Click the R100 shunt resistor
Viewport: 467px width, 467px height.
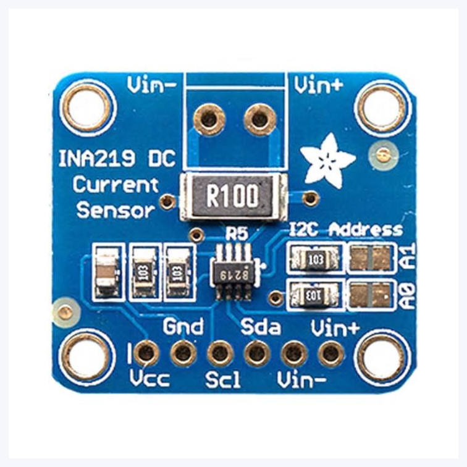233,197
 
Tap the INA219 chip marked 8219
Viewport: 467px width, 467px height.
233,272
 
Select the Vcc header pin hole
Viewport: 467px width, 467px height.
146,353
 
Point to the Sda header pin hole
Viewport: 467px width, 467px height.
256,353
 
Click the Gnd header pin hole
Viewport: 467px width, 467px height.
183,353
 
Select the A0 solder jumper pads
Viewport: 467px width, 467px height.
371,295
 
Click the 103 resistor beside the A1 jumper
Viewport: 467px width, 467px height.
315,258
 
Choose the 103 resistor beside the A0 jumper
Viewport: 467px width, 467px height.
315,295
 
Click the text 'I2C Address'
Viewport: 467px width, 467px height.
346,230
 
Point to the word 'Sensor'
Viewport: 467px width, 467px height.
115,210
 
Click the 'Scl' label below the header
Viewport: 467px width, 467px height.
224,379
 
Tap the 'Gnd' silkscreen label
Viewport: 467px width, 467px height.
183,326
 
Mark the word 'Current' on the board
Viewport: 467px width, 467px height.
116,185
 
